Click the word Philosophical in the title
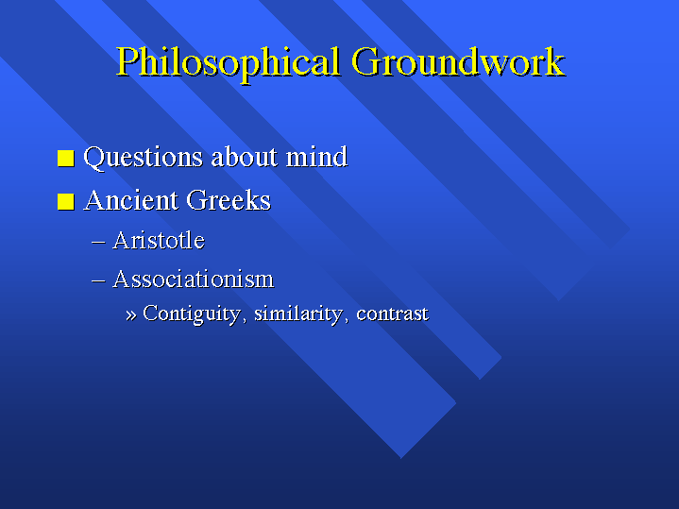(228, 63)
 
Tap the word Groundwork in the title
(458, 61)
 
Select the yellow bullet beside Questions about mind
(66, 158)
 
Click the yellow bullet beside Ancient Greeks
(66, 201)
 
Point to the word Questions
(143, 158)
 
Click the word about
(245, 157)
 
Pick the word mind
(316, 157)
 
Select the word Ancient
(130, 200)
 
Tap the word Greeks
(229, 200)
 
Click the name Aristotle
(159, 240)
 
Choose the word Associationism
(194, 279)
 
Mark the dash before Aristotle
(98, 242)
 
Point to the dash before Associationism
(98, 281)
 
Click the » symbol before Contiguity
(130, 314)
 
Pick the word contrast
(392, 314)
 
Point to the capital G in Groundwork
(366, 61)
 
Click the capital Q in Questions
(94, 158)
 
